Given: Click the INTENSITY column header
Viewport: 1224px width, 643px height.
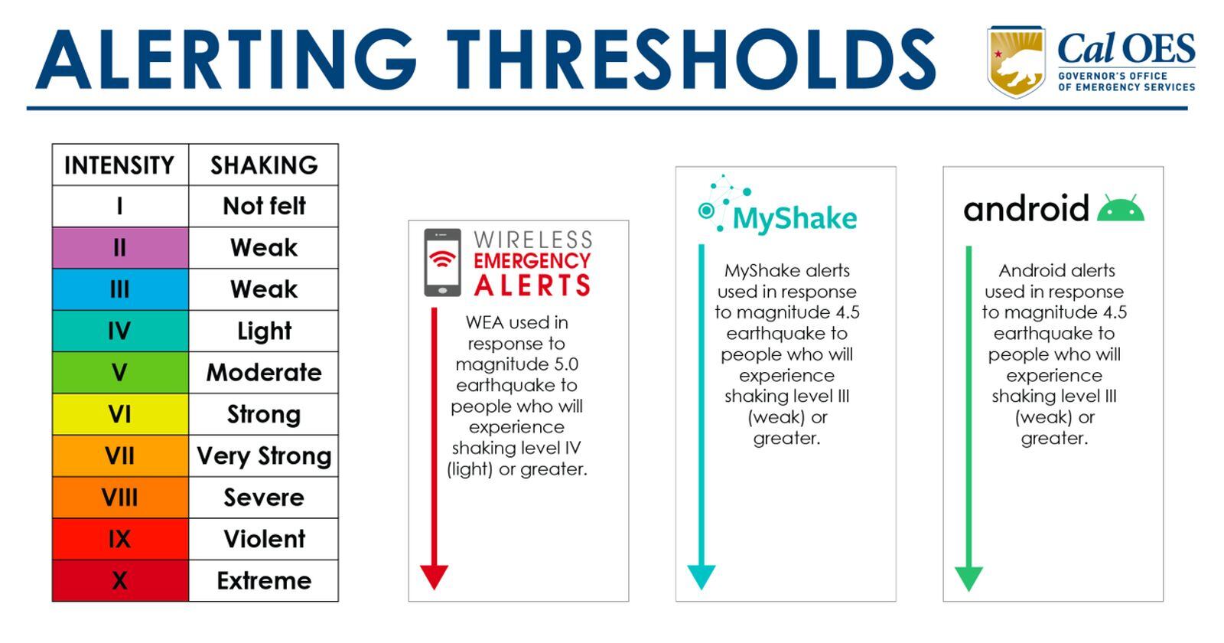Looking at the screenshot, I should (119, 165).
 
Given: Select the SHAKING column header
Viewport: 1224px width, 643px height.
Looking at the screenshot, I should (263, 165).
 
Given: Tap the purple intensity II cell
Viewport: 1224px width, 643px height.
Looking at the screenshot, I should (119, 247).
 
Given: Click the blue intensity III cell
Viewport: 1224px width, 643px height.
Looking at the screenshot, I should (119, 289).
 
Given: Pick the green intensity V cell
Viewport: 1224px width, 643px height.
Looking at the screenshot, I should (119, 373).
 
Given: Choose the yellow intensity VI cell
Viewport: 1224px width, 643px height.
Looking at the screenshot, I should (119, 414).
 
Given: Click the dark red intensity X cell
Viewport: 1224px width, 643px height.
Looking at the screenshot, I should (119, 580).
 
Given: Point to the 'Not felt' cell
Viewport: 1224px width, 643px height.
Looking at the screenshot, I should (263, 206).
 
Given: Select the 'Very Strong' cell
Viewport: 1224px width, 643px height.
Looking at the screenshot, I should (263, 456).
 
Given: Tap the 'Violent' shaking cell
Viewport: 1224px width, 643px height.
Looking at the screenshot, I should (263, 539).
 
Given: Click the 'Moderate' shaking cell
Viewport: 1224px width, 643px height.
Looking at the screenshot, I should (263, 373).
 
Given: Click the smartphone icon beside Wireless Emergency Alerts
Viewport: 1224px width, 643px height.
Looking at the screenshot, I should (442, 263).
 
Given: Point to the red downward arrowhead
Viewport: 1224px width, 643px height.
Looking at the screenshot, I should (434, 576).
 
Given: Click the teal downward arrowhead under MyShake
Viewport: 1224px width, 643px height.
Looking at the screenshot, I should (701, 576).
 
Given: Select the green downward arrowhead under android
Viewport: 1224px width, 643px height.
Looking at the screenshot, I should (968, 578).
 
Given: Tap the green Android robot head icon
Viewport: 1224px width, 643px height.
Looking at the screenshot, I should (1120, 209).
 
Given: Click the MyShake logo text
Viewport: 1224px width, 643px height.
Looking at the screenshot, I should (794, 218).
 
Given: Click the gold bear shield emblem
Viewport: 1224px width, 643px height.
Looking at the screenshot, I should (1015, 61).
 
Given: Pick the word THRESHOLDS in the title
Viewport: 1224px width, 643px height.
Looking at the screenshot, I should (690, 61).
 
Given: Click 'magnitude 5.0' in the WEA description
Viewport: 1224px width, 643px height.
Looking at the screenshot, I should (516, 364).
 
